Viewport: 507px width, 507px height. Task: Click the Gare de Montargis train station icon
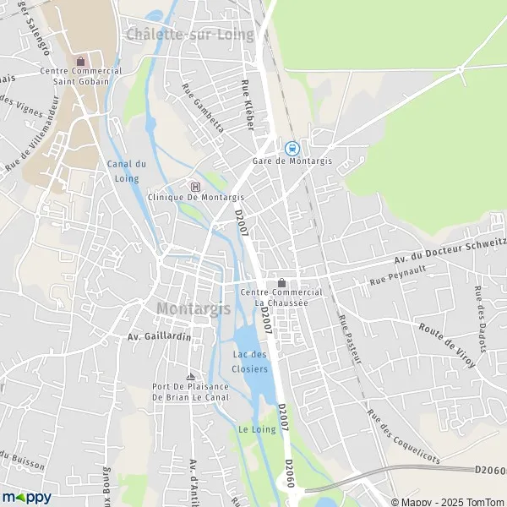(x=292, y=147)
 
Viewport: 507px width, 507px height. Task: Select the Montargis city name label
(x=194, y=309)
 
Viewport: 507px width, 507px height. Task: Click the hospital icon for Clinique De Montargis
(x=196, y=187)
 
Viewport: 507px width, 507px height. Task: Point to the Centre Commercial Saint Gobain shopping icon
(x=80, y=61)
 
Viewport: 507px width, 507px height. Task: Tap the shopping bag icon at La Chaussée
(x=281, y=282)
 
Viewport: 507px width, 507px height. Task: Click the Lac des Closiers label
(x=250, y=362)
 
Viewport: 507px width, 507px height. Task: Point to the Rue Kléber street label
(x=248, y=105)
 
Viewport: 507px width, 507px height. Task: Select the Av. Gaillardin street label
(x=159, y=336)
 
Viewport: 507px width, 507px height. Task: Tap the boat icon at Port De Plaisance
(x=190, y=376)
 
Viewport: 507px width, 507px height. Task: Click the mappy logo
(x=27, y=497)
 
